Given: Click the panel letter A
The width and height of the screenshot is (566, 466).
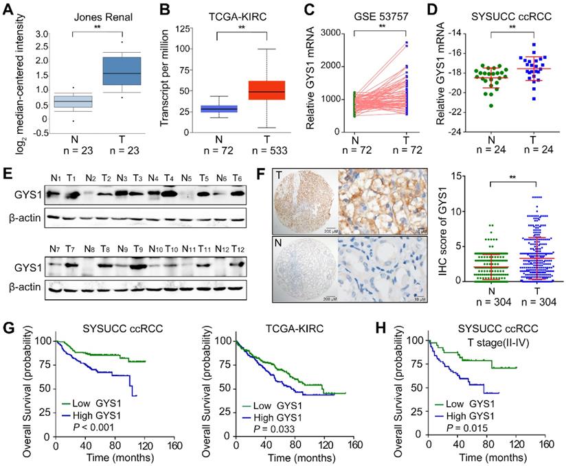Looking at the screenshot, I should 9,10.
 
